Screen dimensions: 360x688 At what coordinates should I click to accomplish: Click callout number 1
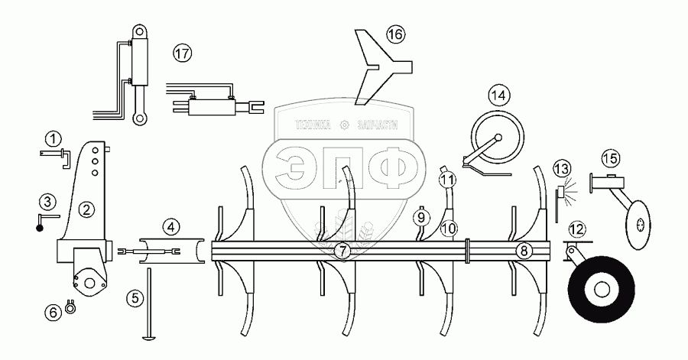click(x=51, y=139)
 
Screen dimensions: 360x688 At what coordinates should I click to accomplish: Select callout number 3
click(x=47, y=202)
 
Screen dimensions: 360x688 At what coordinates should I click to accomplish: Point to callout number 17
click(x=181, y=54)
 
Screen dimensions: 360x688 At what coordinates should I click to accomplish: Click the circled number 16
click(x=394, y=35)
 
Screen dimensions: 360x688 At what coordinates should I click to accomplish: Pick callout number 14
click(x=498, y=96)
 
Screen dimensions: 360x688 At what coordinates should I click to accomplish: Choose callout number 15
click(x=609, y=158)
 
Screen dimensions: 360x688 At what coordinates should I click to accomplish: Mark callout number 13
click(x=562, y=168)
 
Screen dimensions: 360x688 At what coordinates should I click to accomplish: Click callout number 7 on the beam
click(x=343, y=251)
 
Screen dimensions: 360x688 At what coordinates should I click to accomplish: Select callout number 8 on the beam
click(x=523, y=250)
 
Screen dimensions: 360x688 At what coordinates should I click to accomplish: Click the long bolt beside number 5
click(x=147, y=306)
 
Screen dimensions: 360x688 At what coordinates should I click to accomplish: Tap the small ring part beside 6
click(x=70, y=309)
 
